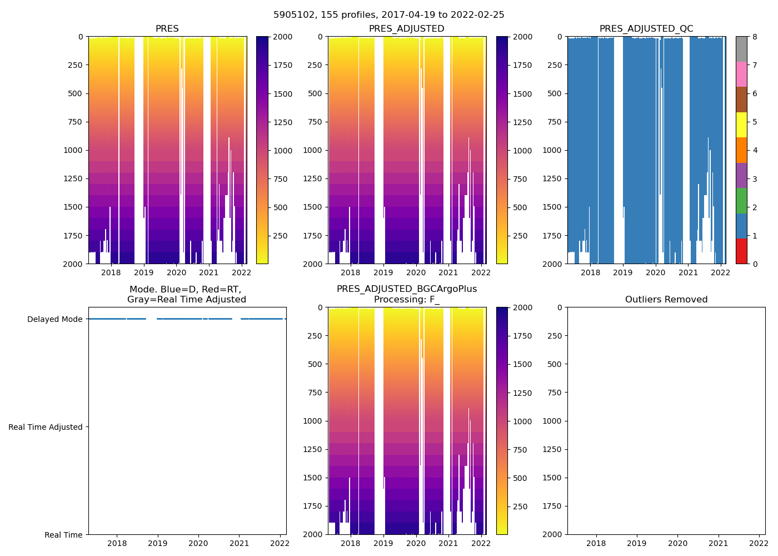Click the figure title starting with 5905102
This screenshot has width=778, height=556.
388,15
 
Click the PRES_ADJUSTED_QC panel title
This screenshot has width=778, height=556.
646,29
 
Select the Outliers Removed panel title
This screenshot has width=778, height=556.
666,300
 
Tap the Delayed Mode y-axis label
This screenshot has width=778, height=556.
54,319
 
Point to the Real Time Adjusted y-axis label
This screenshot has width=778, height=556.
46,427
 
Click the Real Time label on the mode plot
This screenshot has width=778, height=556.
63,535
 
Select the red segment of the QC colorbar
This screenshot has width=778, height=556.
741,251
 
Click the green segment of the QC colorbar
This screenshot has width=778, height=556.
741,201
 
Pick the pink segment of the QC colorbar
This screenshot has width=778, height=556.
741,74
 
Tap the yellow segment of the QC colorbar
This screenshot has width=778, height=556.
741,125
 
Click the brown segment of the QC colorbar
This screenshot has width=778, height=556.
741,100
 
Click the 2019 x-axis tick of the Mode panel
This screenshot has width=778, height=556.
158,543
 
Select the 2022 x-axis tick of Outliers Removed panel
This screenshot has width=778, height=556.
759,543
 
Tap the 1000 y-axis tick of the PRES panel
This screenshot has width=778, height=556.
74,150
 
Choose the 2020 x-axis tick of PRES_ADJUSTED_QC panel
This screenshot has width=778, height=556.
655,272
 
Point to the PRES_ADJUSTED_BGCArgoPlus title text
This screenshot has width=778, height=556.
406,289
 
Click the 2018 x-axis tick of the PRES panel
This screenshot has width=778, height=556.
111,272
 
